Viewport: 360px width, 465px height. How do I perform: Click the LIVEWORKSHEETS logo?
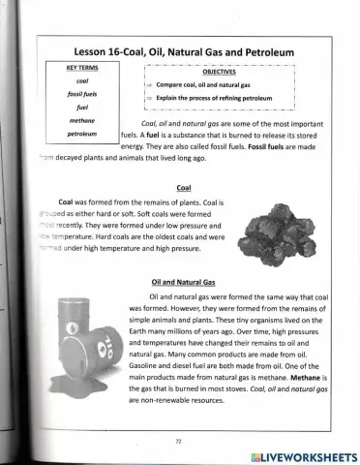coord(303,454)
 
